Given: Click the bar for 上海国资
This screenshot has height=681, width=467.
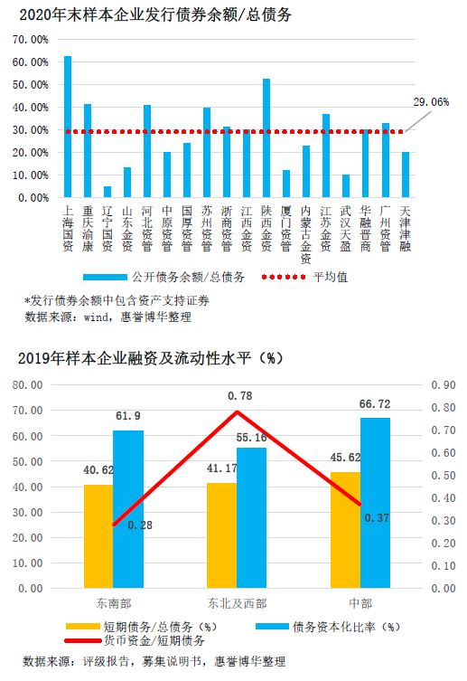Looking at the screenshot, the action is pyautogui.click(x=68, y=127).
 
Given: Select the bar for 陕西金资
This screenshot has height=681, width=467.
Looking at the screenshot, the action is pyautogui.click(x=266, y=137).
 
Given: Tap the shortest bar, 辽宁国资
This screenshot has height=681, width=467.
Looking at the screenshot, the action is pyautogui.click(x=107, y=192).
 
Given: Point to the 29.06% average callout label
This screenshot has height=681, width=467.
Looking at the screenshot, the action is pyautogui.click(x=431, y=102).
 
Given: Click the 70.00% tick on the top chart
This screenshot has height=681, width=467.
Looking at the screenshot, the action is pyautogui.click(x=31, y=40).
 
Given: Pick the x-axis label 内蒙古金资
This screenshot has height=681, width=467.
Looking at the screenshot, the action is pyautogui.click(x=306, y=234).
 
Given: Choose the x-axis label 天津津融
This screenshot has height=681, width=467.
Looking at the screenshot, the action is pyautogui.click(x=406, y=229).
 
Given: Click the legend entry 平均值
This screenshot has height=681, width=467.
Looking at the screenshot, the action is pyautogui.click(x=305, y=277).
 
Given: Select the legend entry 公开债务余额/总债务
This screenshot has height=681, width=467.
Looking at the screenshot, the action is pyautogui.click(x=163, y=277).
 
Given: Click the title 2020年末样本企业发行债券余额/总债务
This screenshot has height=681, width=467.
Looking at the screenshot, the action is pyautogui.click(x=155, y=15).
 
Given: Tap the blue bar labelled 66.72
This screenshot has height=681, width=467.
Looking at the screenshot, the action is pyautogui.click(x=375, y=503).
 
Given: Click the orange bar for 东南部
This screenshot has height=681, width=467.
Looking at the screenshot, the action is pyautogui.click(x=98, y=536).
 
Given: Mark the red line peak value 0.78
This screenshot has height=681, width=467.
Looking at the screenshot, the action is pyautogui.click(x=239, y=395).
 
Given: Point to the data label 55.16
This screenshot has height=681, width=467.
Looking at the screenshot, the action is pyautogui.click(x=251, y=438).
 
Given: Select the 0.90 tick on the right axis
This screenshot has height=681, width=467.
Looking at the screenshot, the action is pyautogui.click(x=444, y=384).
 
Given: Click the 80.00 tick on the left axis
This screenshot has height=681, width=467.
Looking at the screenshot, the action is pyautogui.click(x=28, y=384).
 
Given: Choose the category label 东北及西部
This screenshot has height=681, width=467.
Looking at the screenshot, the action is pyautogui.click(x=237, y=603).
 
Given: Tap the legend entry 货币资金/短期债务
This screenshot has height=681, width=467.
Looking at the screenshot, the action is pyautogui.click(x=135, y=640).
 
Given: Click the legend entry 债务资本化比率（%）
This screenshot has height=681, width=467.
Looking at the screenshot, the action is pyautogui.click(x=328, y=627).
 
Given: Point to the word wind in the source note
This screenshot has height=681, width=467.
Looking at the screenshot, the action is pyautogui.click(x=96, y=317).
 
